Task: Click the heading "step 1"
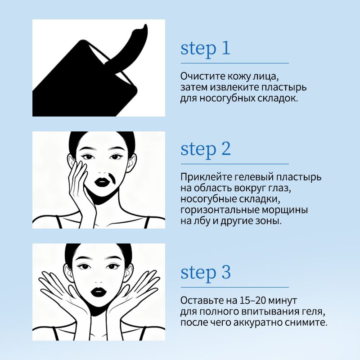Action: [205, 49]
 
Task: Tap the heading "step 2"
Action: [206, 149]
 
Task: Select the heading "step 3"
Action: [206, 273]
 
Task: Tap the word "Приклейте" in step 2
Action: [204, 177]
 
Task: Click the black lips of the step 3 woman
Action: [99, 292]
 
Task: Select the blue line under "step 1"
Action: [234, 63]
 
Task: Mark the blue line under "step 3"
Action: [234, 287]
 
